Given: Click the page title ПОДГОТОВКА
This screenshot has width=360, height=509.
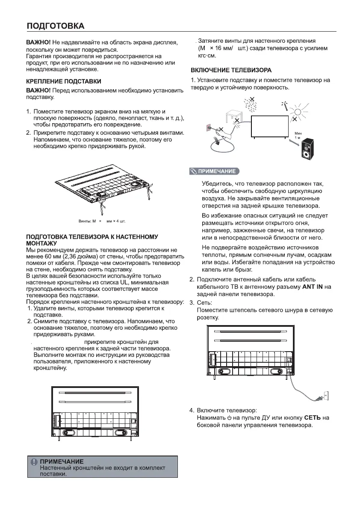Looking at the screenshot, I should click(x=56, y=26).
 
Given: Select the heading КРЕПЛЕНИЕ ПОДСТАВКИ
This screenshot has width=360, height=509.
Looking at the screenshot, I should click(x=64, y=81).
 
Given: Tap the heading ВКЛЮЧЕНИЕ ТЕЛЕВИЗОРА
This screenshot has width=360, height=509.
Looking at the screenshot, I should click(x=231, y=70).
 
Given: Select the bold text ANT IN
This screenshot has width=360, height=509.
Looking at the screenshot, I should click(x=313, y=287).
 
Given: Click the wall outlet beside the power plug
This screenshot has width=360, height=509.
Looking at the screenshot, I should click(x=325, y=396).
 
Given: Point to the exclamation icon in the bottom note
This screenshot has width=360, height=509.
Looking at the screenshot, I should click(x=34, y=462).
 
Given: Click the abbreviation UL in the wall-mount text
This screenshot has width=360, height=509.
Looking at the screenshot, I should click(x=124, y=283).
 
